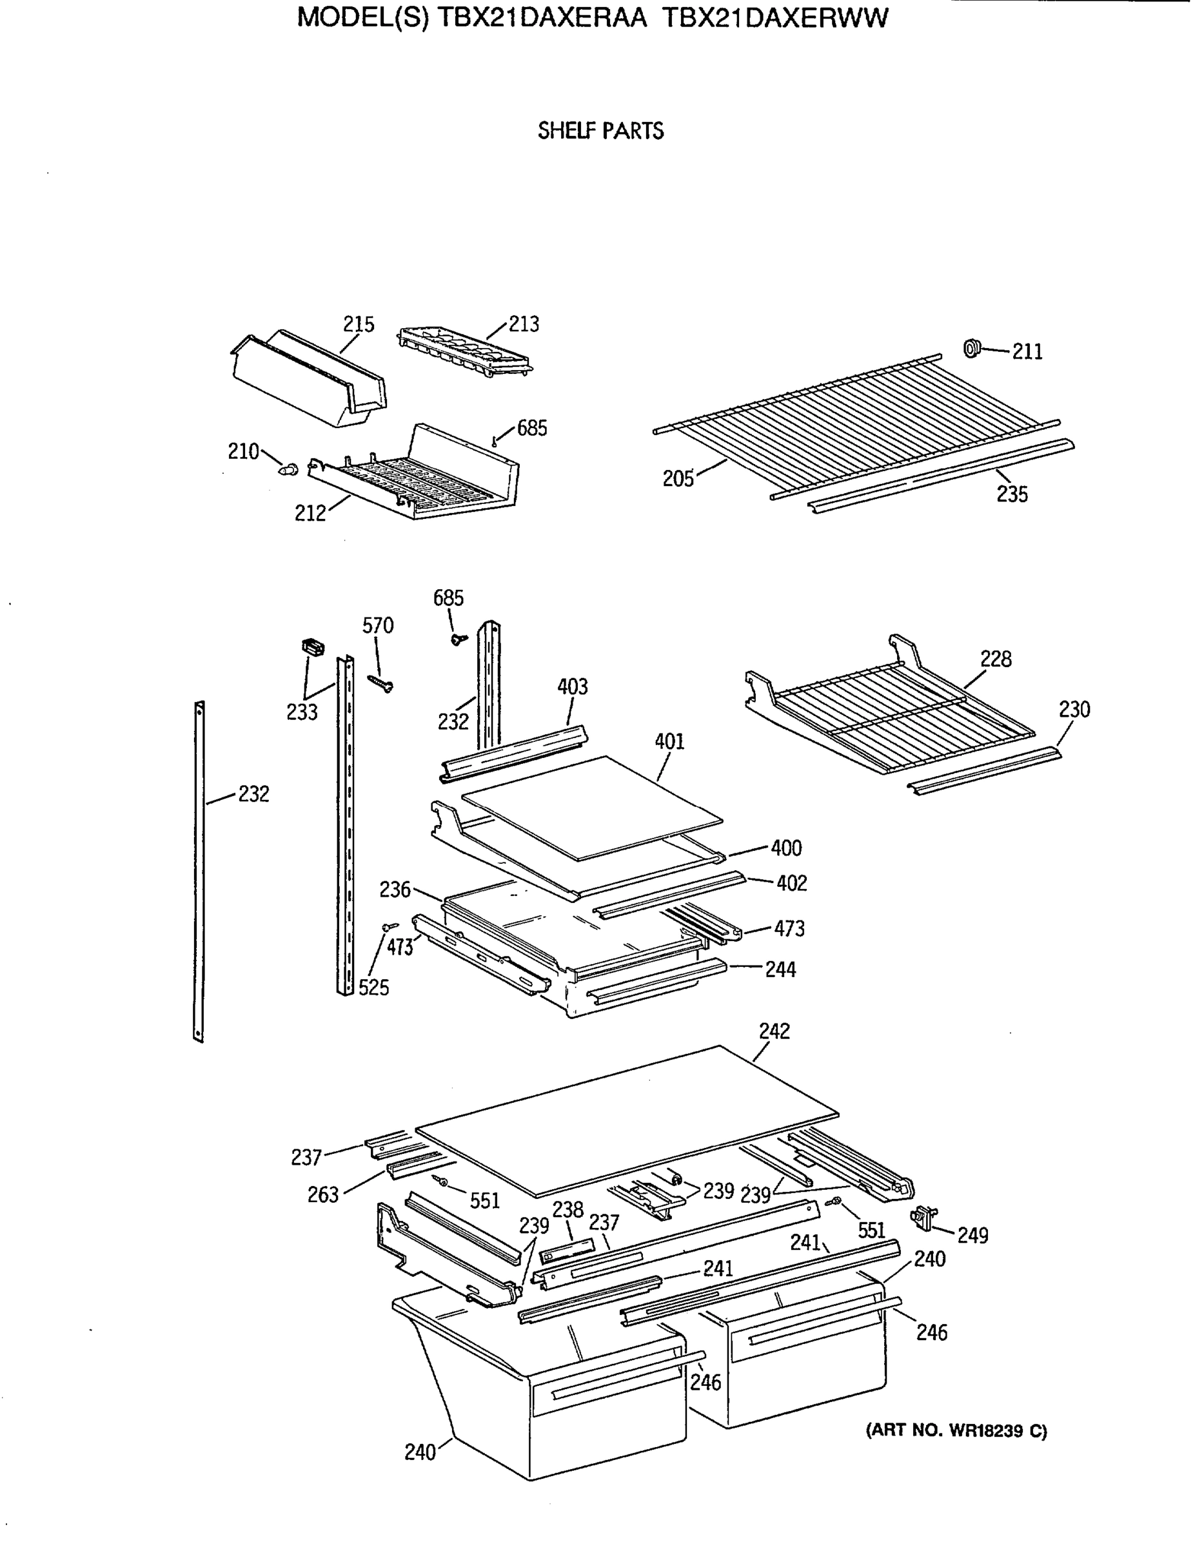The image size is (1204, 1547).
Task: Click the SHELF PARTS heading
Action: pos(600,131)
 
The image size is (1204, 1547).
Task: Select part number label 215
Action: pos(359,324)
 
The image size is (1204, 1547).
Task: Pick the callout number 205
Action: pos(678,480)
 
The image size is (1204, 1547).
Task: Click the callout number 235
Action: pos(1011,494)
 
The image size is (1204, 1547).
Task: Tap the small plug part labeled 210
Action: pos(288,468)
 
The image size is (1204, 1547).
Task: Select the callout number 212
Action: pos(310,514)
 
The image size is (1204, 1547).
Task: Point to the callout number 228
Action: pos(996,659)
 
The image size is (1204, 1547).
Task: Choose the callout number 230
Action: pos(1074,710)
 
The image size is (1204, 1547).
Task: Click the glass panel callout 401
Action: pos(669,742)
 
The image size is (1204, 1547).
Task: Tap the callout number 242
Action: pos(774,1031)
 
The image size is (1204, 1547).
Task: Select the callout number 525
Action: pos(373,988)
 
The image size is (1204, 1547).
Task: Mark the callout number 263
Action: pos(322,1195)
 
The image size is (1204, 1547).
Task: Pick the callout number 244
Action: pos(780,969)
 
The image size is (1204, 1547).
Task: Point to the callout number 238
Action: pos(567,1210)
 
